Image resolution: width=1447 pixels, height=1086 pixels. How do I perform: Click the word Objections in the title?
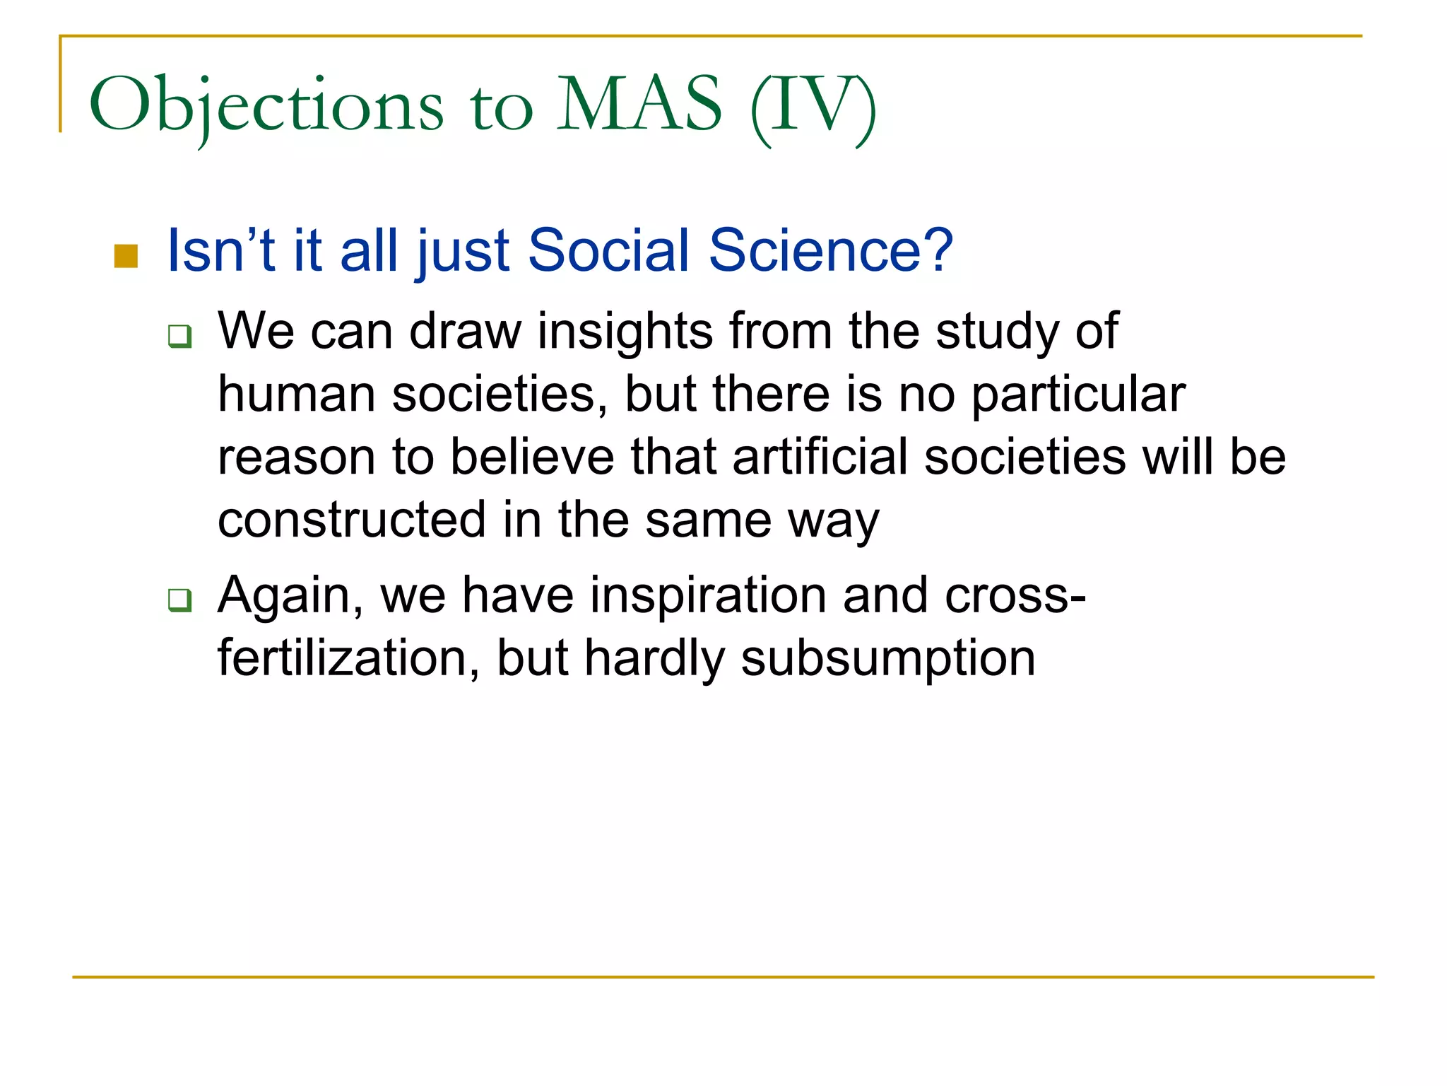pyautogui.click(x=266, y=106)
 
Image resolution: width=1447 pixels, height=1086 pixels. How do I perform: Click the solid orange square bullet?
pyautogui.click(x=126, y=256)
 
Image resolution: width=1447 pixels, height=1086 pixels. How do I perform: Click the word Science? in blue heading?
pyautogui.click(x=831, y=250)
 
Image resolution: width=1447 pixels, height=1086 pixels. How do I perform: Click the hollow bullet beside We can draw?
pyautogui.click(x=179, y=335)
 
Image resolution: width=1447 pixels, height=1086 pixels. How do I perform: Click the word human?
pyautogui.click(x=296, y=394)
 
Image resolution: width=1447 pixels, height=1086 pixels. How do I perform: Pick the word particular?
pyautogui.click(x=1078, y=394)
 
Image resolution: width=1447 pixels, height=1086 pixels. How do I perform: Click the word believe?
pyautogui.click(x=532, y=457)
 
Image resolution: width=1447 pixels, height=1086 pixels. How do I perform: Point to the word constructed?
pyautogui.click(x=351, y=520)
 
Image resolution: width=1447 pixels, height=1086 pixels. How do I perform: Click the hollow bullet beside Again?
pyautogui.click(x=179, y=600)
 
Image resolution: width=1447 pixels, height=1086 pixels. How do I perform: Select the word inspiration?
pyautogui.click(x=707, y=595)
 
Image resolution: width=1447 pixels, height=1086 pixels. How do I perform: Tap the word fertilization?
pyautogui.click(x=349, y=658)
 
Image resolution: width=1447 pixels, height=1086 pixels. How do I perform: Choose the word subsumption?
pyautogui.click(x=887, y=658)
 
